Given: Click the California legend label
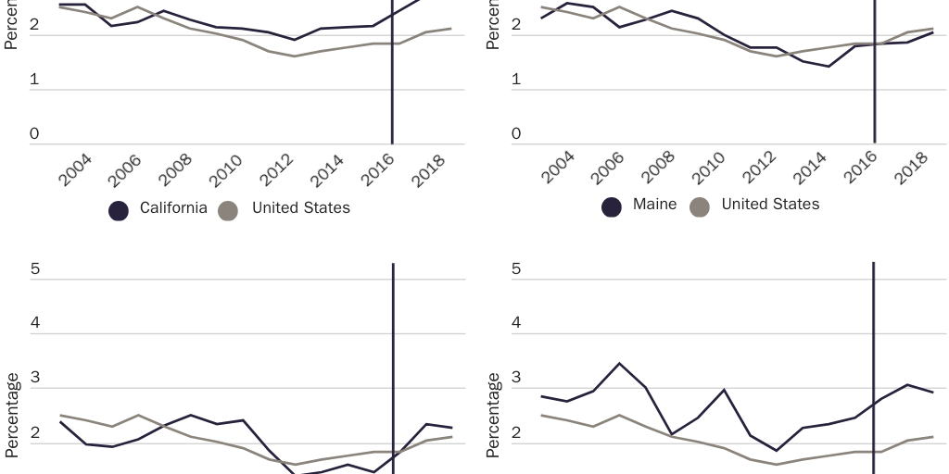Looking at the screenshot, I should (173, 208).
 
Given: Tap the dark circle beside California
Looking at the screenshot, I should (119, 210).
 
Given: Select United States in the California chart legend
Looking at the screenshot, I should (301, 208).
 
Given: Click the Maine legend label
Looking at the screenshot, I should (654, 205).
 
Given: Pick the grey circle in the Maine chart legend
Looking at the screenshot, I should (701, 206).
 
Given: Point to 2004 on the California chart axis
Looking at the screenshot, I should (75, 172).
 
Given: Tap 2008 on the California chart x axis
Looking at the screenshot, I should (176, 172).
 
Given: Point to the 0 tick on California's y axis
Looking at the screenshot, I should (34, 135).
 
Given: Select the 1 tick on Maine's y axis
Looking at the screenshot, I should (516, 81).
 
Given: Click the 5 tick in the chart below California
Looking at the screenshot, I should (34, 270).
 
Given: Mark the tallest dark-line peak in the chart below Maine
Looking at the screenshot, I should (619, 363).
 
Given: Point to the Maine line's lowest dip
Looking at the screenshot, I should (828, 67).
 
